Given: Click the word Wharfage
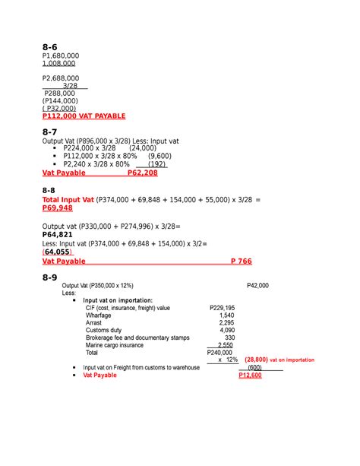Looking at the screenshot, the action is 99,315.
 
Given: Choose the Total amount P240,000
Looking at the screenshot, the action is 223,353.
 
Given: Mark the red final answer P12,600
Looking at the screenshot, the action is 250,376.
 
